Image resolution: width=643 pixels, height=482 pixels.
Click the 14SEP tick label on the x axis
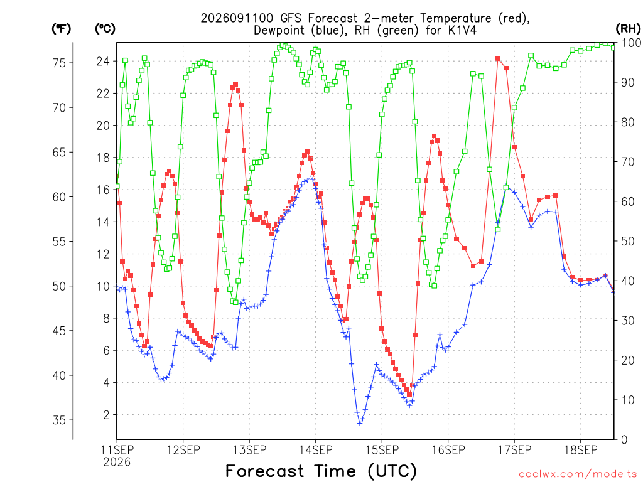click(315, 450)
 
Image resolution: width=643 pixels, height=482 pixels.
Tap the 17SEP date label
click(514, 450)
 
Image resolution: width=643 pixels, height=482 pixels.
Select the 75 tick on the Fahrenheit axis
click(59, 63)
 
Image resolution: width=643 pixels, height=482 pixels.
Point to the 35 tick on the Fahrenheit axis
click(59, 420)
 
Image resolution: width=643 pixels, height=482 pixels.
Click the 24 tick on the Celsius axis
click(104, 62)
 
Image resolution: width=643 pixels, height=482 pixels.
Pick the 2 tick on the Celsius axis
click(107, 415)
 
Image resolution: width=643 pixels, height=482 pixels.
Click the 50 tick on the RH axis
click(628, 241)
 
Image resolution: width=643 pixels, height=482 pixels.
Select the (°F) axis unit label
click(61, 29)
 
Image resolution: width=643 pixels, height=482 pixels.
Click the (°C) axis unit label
click(105, 29)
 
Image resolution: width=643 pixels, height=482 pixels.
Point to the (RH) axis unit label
click(628, 29)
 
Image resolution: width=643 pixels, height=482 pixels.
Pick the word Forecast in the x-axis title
click(265, 471)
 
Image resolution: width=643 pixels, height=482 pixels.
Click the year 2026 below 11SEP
click(117, 463)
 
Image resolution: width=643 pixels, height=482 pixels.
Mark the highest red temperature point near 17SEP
click(498, 59)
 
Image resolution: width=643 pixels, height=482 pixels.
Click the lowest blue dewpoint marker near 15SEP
click(360, 424)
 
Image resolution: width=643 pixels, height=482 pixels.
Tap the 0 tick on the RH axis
click(624, 440)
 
